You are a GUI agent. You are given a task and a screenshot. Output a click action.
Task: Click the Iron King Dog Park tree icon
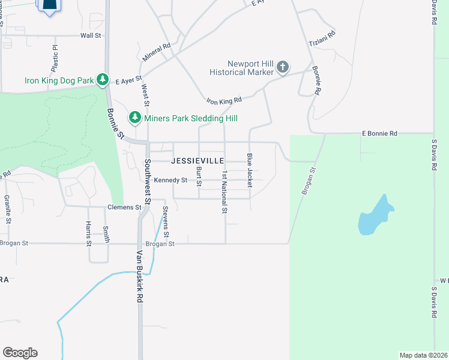[x=103, y=79]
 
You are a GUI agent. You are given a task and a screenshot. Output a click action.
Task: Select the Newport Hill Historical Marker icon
[x=283, y=68]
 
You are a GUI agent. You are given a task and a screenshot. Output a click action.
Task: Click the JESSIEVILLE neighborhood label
[x=198, y=161]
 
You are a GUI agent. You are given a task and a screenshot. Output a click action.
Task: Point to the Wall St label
[x=91, y=36]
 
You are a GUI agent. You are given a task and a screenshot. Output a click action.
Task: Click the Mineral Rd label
[x=157, y=52]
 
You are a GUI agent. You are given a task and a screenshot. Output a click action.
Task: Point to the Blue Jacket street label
[x=249, y=169]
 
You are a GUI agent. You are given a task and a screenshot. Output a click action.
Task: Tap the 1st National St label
[x=224, y=192]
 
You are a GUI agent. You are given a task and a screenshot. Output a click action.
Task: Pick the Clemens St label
[x=124, y=207]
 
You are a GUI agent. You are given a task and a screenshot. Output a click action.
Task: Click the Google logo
[x=20, y=353]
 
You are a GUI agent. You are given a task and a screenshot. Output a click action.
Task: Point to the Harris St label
[x=88, y=234]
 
